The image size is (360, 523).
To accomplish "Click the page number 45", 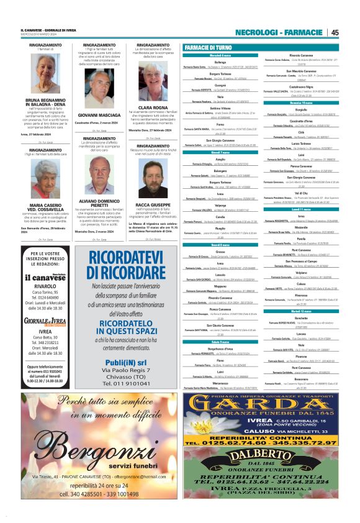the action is click(335, 33).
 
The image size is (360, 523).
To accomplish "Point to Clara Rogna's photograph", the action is click(153, 83).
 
